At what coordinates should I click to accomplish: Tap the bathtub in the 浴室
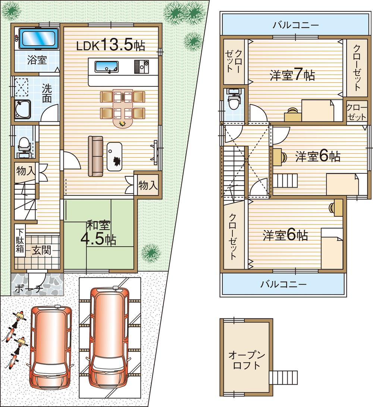[38, 38]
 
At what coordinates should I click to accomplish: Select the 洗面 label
[47, 93]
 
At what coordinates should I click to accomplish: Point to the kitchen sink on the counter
[106, 67]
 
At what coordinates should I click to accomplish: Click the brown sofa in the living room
[95, 156]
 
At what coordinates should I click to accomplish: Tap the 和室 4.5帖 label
[99, 233]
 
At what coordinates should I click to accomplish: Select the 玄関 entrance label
[41, 250]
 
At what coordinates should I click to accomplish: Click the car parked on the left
[51, 342]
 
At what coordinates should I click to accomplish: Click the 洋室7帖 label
[292, 75]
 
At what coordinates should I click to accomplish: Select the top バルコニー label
[295, 25]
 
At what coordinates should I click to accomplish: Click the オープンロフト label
[244, 360]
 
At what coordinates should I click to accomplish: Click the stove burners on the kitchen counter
[141, 67]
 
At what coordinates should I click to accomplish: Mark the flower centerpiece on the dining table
[122, 123]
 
